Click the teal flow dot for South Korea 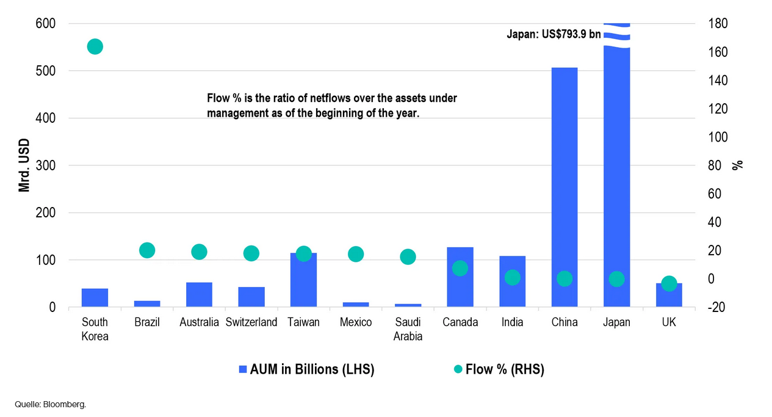click(x=95, y=46)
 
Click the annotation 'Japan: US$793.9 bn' click(x=554, y=35)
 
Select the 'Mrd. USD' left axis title click(x=24, y=165)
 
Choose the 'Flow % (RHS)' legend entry click(x=499, y=369)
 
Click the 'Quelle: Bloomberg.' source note click(x=51, y=404)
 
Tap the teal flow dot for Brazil click(x=147, y=250)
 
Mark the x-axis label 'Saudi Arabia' click(x=408, y=329)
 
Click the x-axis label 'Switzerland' click(x=251, y=322)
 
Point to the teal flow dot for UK click(x=669, y=284)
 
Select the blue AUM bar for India click(x=512, y=290)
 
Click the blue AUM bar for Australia click(x=199, y=295)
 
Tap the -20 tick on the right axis click(x=715, y=308)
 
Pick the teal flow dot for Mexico click(x=356, y=254)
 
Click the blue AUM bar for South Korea click(x=95, y=298)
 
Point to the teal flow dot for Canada click(x=460, y=268)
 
